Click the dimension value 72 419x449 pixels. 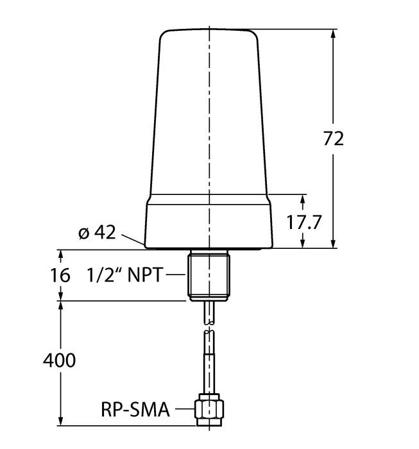point(333,138)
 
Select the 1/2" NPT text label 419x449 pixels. point(125,275)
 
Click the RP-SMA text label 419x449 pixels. point(135,409)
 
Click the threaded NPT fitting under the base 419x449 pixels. point(209,275)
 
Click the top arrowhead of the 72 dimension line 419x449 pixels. point(333,33)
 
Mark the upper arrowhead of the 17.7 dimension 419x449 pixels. point(302,198)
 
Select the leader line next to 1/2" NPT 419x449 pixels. point(176,275)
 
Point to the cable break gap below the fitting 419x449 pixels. point(209,326)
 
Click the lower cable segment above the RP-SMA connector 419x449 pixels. point(209,362)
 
